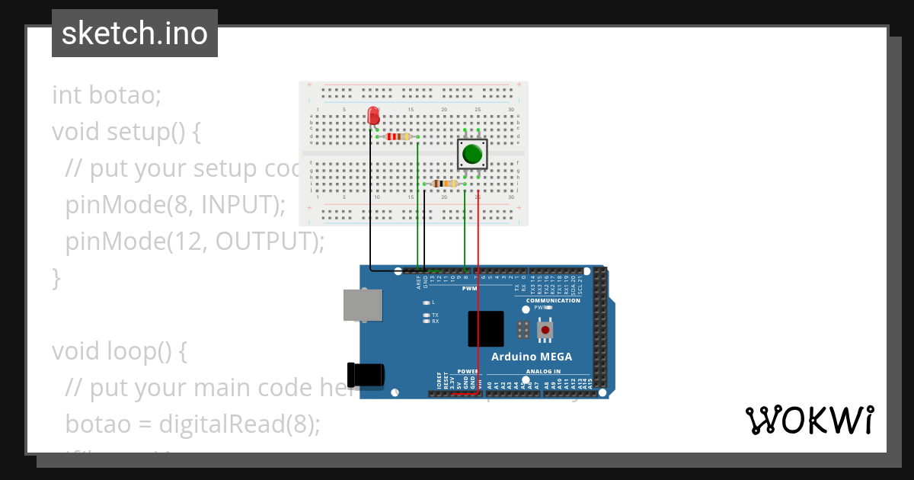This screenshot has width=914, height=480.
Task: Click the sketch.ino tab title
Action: pos(135,34)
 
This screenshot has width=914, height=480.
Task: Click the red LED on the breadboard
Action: pos(373,115)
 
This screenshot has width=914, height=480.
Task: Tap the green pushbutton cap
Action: pos(472,154)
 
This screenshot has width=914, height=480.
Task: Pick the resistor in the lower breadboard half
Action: pos(443,183)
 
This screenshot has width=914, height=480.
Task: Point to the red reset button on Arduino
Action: pos(545,330)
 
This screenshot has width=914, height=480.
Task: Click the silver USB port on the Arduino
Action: pos(362,304)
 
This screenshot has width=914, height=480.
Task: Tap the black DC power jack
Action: pos(365,374)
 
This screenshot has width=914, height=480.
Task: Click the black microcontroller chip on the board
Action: pos(486,329)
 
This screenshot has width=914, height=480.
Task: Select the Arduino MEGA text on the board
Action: pos(531,357)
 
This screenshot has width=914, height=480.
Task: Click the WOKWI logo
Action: pos(809,421)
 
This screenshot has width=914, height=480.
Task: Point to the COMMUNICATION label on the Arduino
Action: pos(553,300)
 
